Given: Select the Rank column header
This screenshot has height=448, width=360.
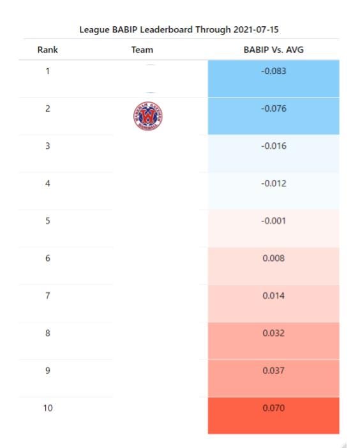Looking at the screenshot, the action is click(x=47, y=50).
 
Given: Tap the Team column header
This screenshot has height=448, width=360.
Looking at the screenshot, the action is click(x=142, y=50).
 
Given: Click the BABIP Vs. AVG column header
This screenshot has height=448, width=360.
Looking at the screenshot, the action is click(x=273, y=50).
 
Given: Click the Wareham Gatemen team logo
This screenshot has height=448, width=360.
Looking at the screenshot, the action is click(x=148, y=116).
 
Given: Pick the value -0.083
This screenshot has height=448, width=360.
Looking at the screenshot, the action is click(x=273, y=71).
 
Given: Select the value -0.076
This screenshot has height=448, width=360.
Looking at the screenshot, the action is click(x=273, y=108).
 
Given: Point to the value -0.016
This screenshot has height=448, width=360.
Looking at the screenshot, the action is click(x=273, y=146).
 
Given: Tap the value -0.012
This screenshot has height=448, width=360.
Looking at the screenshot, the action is click(x=273, y=183).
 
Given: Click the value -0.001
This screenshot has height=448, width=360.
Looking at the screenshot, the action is click(x=273, y=221).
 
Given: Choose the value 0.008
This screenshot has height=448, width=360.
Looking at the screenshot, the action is click(x=273, y=258).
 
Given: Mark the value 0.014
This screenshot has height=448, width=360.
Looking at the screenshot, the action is click(x=273, y=295).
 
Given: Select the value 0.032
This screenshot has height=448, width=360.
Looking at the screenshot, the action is click(x=273, y=333).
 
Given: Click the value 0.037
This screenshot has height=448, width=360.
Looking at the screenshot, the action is click(x=273, y=371).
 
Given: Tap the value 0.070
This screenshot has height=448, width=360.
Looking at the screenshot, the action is click(x=273, y=408).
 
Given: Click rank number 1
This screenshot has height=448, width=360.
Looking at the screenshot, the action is click(x=48, y=71).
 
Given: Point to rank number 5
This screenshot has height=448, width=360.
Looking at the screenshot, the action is click(x=48, y=221).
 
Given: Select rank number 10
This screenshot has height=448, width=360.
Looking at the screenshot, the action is click(x=48, y=408).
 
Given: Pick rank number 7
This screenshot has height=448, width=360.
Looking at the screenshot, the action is click(x=48, y=295).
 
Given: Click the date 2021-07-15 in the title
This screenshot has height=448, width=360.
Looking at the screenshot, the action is click(x=256, y=30).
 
